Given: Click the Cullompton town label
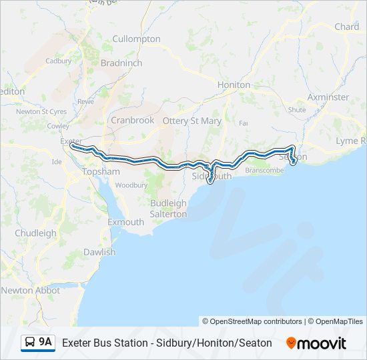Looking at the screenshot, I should coord(136,39).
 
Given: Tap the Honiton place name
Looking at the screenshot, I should coord(234,85).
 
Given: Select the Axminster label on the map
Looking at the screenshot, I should coord(328,97).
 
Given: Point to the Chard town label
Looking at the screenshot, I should coord(346,27).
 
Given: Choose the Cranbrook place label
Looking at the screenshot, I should coord(132,120).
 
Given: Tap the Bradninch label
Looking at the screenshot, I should coord(121,63).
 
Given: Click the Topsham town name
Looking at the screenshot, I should coord(100,171).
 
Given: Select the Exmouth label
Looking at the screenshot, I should coord(125,222).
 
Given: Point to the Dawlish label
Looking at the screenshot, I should coord(99,252).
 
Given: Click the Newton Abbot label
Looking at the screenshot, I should coord(30,291).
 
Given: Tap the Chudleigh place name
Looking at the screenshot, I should coord(35,233).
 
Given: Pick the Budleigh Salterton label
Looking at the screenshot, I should coord(168,208).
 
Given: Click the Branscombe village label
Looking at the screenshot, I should coord(264,171).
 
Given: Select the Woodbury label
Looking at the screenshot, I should coord(131,185).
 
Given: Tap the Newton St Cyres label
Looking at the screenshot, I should coord(41,111).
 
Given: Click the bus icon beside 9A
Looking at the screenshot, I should coord(30,343).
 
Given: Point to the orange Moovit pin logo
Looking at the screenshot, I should coord(291,343).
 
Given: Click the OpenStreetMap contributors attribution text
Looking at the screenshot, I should coord(252,321).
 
